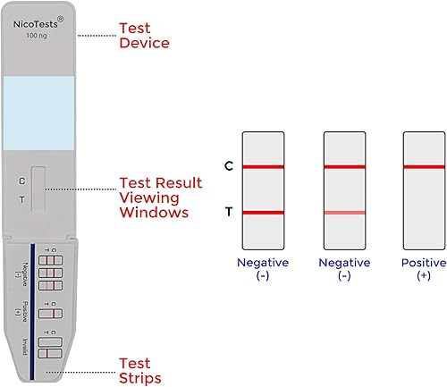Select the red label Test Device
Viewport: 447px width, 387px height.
click(144, 35)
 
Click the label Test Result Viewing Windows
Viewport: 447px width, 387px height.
click(154, 198)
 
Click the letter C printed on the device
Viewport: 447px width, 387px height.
click(21, 181)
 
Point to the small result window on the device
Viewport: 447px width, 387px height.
click(38, 188)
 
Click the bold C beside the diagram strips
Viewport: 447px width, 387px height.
click(229, 166)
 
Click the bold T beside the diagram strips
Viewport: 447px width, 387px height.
click(229, 213)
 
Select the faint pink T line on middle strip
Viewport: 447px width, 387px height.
click(344, 213)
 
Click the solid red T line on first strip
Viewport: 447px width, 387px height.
click(263, 213)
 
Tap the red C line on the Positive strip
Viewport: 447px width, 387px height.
click(424, 166)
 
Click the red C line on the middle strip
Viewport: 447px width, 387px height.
click(344, 166)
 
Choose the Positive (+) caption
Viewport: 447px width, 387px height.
click(424, 269)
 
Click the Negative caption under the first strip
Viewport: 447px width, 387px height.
click(263, 269)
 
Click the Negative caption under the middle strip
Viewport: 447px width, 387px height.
click(344, 269)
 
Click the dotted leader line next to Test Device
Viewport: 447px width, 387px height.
click(96, 36)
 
